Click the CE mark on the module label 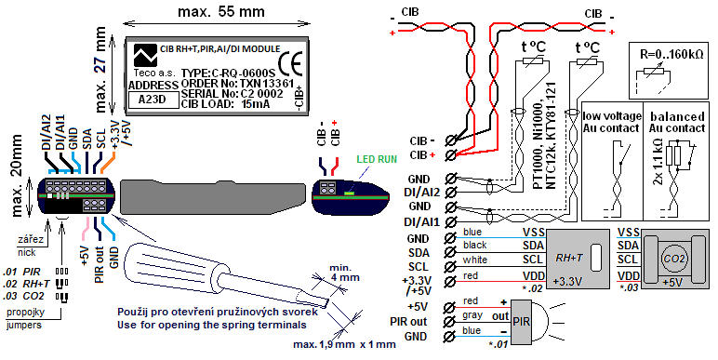click(x=290, y=65)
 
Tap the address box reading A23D click(x=153, y=100)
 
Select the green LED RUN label click(x=377, y=159)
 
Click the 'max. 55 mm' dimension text click(x=221, y=11)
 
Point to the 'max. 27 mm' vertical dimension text click(x=101, y=70)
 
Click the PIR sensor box click(x=521, y=322)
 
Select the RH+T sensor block click(x=578, y=259)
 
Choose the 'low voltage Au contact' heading click(x=611, y=122)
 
